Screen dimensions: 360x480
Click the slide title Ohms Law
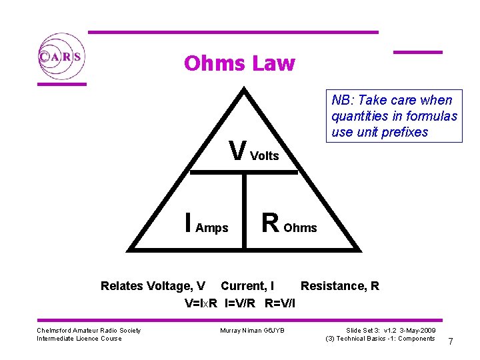pos(239,63)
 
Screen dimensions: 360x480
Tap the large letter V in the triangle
pos(237,151)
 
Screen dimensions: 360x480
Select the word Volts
pos(265,156)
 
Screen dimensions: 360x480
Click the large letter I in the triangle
pos(189,223)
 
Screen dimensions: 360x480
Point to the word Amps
pos(213,228)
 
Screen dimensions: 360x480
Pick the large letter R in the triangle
pos(270,223)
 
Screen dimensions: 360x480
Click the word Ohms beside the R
pos(301,228)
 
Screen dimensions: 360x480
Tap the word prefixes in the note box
pos(405,132)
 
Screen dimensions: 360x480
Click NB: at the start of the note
pos(342,101)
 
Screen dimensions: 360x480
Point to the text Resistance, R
pos(340,286)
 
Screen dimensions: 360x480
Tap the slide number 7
pos(451,341)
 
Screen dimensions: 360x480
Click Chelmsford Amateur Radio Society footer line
pos(89,331)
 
